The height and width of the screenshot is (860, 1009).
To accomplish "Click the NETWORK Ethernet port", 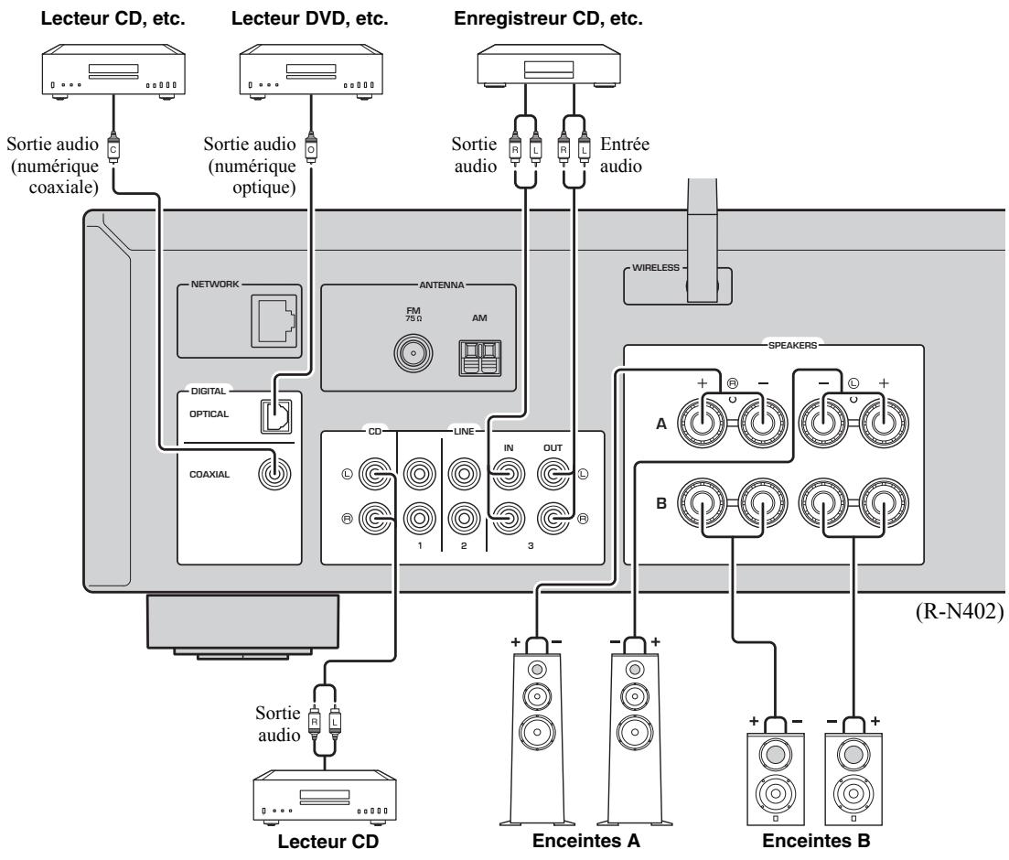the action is click(274, 319).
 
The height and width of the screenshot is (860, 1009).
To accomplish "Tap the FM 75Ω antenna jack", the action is click(413, 353).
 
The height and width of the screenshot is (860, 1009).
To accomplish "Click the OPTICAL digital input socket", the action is click(275, 416).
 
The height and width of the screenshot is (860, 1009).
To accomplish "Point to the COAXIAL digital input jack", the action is click(274, 475).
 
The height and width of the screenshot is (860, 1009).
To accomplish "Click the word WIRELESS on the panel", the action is click(655, 268).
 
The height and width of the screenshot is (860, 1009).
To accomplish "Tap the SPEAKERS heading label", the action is click(792, 346).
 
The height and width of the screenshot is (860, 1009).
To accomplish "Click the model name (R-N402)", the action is click(960, 611).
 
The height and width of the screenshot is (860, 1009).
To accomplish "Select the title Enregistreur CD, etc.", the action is click(548, 18).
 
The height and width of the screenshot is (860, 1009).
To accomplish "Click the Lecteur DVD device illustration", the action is click(311, 71).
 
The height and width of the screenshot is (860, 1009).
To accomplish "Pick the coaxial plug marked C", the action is click(113, 148).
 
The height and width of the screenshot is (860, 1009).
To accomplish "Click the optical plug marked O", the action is click(311, 148).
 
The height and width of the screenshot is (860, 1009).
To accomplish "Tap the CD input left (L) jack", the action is click(375, 475).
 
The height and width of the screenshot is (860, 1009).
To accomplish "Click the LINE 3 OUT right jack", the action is click(553, 518).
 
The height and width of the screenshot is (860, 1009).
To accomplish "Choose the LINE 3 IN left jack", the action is click(509, 475).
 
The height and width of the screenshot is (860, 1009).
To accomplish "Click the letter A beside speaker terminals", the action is click(660, 425).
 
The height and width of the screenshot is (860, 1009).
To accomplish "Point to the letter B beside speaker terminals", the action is click(660, 503).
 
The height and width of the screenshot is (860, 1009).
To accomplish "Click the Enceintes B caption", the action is click(816, 841).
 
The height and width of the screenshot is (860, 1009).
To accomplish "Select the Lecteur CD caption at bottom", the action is click(328, 842).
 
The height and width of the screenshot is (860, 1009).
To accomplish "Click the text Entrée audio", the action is click(624, 156).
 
